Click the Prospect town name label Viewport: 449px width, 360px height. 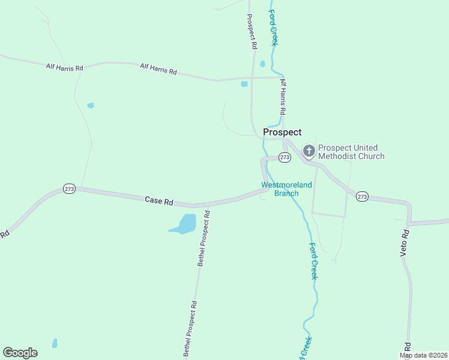282,132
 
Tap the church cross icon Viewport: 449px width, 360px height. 309,150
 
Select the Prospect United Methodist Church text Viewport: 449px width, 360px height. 351,152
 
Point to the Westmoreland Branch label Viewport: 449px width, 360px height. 286,189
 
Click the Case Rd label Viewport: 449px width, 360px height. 159,200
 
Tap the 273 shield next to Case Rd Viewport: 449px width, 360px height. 69,188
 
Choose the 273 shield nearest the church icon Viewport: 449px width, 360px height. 285,157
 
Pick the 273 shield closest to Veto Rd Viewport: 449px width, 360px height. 361,196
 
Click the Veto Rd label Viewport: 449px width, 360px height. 405,243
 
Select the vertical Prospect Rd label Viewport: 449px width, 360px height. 252,32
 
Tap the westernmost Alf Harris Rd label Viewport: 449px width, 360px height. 64,67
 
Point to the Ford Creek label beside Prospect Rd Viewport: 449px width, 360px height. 274,28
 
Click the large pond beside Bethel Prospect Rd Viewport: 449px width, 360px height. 185,224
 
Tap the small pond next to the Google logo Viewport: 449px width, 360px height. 55,343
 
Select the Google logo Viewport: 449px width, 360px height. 20,353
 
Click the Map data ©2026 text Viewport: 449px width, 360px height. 423,355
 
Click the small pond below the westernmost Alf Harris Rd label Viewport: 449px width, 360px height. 91,106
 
